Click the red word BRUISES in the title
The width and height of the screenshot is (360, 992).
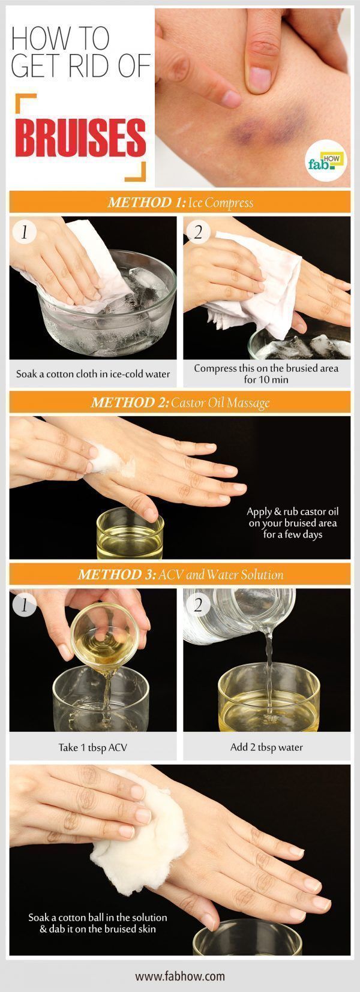(80, 138)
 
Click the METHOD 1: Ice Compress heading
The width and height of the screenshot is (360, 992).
(180, 203)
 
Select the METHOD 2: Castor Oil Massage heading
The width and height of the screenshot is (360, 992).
(180, 402)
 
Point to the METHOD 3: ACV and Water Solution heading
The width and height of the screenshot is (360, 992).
(180, 575)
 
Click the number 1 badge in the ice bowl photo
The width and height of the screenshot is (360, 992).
(25, 232)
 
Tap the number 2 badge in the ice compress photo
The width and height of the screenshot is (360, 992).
(198, 232)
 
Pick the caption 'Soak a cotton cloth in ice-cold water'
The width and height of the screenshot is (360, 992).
(93, 374)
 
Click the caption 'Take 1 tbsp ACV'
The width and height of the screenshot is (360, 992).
(93, 747)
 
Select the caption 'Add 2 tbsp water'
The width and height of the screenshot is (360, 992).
(266, 747)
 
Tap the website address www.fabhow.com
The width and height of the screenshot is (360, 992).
(180, 976)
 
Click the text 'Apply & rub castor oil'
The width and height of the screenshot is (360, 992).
(293, 512)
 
